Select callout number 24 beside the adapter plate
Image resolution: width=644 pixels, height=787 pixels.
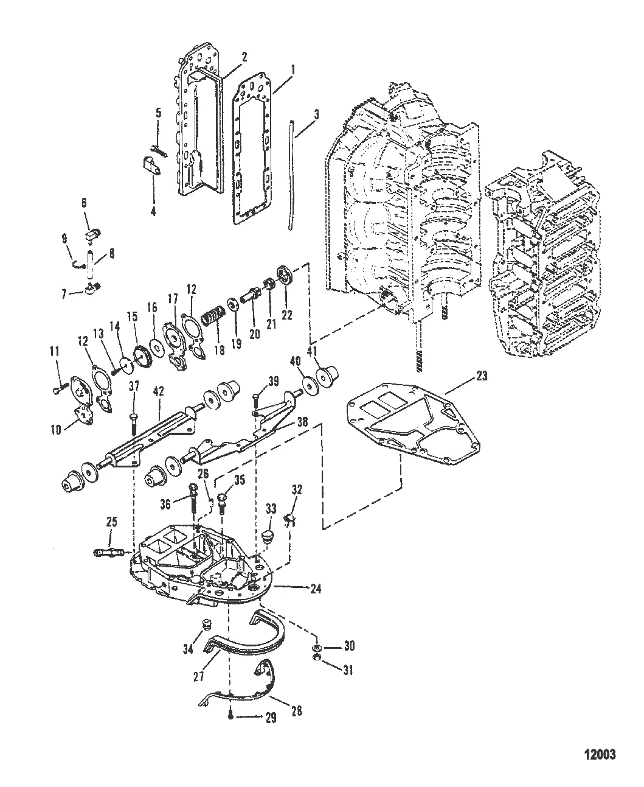[x=315, y=589]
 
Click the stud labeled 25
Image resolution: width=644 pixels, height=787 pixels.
[x=109, y=552]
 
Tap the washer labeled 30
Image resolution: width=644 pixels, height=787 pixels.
[x=317, y=646]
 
